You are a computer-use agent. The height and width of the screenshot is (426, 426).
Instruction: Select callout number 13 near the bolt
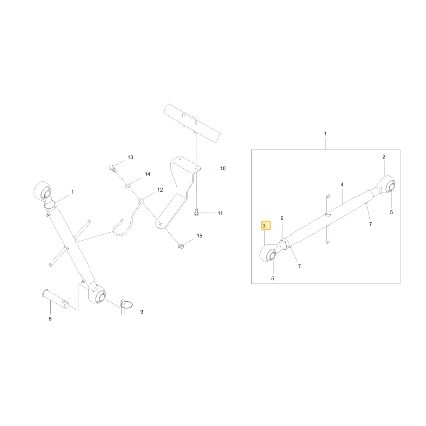(x=130, y=157)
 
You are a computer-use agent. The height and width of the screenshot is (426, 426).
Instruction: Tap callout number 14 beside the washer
(x=147, y=174)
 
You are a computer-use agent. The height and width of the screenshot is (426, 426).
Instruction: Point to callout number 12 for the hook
(x=160, y=190)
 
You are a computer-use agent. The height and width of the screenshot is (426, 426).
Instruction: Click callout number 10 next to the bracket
(x=223, y=168)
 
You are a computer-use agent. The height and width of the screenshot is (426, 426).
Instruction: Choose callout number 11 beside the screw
(x=220, y=213)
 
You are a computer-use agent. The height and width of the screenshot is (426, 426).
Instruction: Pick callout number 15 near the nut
(x=199, y=236)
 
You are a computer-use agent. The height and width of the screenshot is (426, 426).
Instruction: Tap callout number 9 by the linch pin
(x=142, y=312)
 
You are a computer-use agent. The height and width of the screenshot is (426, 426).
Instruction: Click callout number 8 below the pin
(x=50, y=319)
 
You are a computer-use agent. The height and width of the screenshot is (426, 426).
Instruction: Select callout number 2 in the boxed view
(x=384, y=157)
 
